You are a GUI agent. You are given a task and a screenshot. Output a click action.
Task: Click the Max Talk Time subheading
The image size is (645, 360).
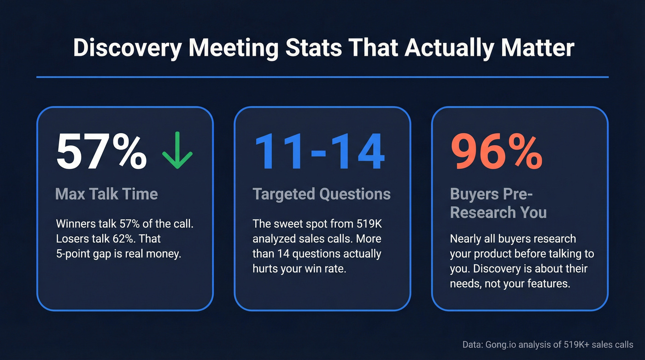pos(106,194)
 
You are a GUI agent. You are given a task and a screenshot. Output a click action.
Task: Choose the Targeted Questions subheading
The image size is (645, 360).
pos(322,194)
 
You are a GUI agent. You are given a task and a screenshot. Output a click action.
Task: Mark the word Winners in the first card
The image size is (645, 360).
pos(74,224)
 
